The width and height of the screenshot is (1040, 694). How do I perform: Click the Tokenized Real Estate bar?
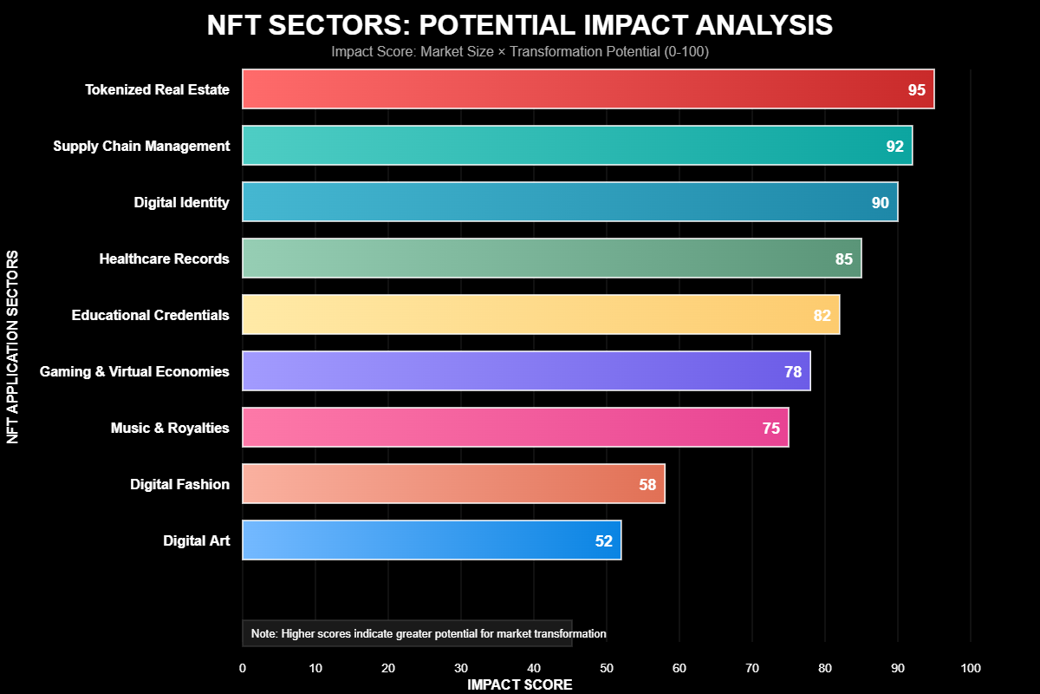tap(588, 89)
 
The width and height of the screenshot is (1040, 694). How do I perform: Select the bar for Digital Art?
tap(432, 540)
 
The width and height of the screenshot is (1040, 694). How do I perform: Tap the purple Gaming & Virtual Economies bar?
tap(526, 371)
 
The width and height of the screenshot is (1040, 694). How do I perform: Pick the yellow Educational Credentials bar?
tap(541, 315)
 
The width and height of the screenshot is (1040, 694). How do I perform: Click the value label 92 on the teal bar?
tap(894, 147)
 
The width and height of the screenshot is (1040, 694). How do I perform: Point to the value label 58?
tap(647, 485)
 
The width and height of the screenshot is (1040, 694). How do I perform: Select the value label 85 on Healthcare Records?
tap(843, 259)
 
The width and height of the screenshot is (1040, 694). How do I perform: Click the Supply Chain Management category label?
tap(141, 146)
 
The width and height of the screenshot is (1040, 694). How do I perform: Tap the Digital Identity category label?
tap(181, 202)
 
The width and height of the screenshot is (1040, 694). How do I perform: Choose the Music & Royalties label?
tap(170, 428)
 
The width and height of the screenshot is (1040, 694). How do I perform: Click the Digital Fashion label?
tap(179, 484)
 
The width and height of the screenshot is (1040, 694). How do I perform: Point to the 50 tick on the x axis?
tap(607, 668)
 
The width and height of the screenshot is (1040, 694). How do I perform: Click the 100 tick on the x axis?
tap(971, 668)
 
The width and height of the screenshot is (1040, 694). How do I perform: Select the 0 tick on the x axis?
tap(243, 668)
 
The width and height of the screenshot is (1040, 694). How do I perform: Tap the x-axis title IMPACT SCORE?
tap(520, 684)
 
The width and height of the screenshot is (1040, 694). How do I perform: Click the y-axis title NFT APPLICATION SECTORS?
tap(13, 347)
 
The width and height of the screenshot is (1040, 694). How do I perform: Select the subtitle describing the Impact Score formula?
tap(520, 52)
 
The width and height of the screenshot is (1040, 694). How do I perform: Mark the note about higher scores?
tap(428, 634)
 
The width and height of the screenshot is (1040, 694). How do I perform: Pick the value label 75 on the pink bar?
tap(770, 429)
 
